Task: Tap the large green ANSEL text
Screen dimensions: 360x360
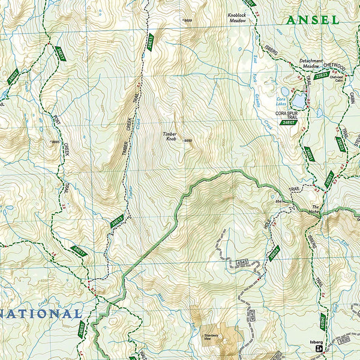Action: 312,20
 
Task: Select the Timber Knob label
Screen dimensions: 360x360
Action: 171,137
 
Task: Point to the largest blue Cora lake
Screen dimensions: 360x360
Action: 298,98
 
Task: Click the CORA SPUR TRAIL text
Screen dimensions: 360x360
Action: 286,115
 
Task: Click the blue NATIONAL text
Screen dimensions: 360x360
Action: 41,313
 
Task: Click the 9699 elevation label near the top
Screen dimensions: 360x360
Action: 188,20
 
